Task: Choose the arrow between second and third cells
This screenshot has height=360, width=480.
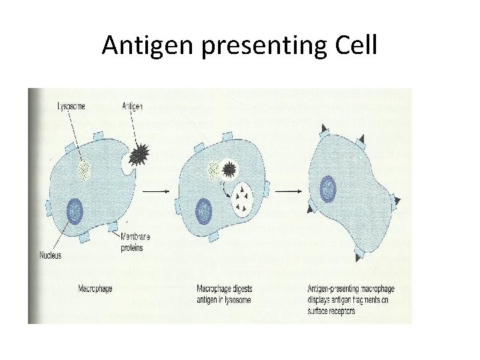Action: (289, 193)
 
